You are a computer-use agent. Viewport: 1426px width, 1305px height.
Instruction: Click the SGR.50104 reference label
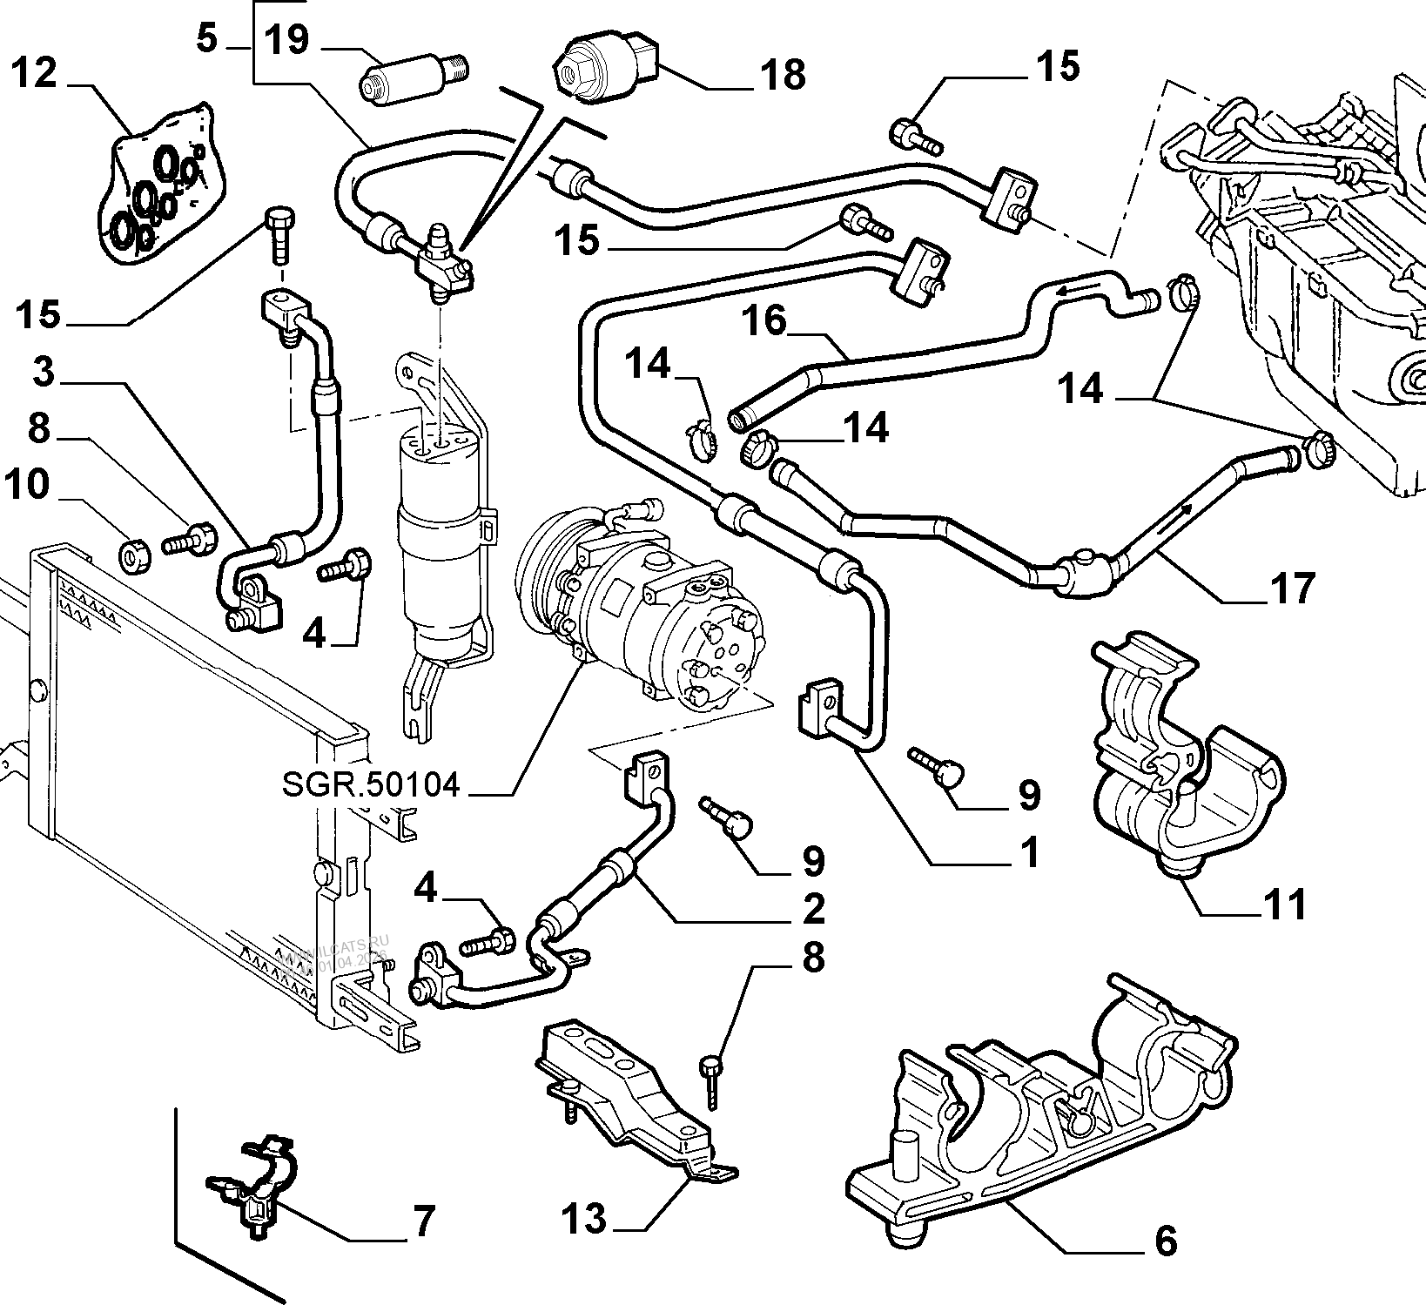pyautogui.click(x=370, y=785)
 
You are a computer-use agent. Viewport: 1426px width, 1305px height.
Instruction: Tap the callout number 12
pyautogui.click(x=35, y=73)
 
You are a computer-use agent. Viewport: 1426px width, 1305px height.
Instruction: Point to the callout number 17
pyautogui.click(x=1291, y=589)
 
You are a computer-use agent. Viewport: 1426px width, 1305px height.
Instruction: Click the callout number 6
pyautogui.click(x=1165, y=1240)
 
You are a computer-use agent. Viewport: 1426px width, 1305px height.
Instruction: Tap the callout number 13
pyautogui.click(x=583, y=1219)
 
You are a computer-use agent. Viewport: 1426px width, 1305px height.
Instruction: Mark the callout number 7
pyautogui.click(x=422, y=1222)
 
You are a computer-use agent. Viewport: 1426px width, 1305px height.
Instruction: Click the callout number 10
pyautogui.click(x=27, y=484)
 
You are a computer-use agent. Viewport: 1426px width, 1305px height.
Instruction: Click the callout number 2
pyautogui.click(x=812, y=910)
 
